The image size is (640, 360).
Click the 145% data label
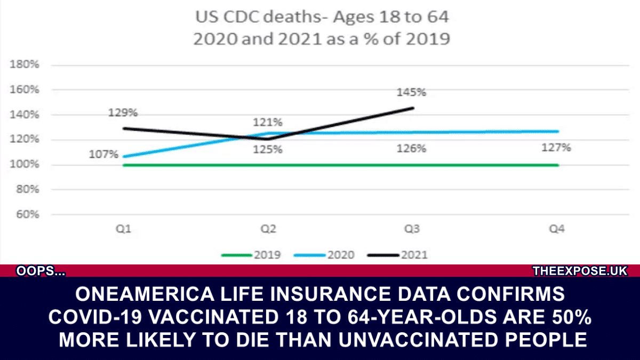411,92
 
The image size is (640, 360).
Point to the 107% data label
103,154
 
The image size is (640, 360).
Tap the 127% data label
556,148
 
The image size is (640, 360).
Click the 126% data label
411,149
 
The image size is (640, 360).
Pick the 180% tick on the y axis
25,65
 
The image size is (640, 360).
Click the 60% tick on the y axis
27,214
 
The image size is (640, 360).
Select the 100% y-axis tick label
25,164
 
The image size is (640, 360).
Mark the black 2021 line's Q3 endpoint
413,108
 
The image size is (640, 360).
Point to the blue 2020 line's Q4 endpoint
558,131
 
